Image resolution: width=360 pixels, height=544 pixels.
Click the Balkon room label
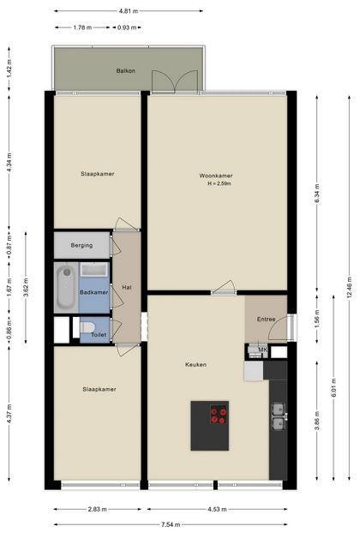[126, 71]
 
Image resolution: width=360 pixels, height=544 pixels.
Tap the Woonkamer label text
[216, 176]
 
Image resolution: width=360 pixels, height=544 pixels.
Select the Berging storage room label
[81, 245]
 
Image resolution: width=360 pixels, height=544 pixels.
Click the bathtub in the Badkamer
[66, 287]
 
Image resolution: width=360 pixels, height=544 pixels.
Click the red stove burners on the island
[219, 414]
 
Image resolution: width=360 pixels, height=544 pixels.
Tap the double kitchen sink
[279, 416]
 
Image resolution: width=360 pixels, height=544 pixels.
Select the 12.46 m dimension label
[349, 287]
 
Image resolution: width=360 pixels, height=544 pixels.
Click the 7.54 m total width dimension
[171, 524]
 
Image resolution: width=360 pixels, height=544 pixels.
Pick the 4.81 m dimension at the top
[129, 11]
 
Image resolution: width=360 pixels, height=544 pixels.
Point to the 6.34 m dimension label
[316, 194]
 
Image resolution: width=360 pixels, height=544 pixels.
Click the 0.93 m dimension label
[127, 27]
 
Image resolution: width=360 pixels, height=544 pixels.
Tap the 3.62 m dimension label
[26, 288]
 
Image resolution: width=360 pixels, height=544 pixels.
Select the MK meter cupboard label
[263, 350]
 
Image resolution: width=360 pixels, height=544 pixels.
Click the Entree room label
[266, 320]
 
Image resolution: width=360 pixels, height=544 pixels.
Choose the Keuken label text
[195, 365]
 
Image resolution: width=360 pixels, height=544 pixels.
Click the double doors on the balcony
[175, 81]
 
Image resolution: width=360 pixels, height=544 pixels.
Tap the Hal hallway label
[127, 287]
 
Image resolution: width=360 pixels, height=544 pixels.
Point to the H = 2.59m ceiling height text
[219, 183]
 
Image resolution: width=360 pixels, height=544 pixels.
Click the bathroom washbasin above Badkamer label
[94, 269]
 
